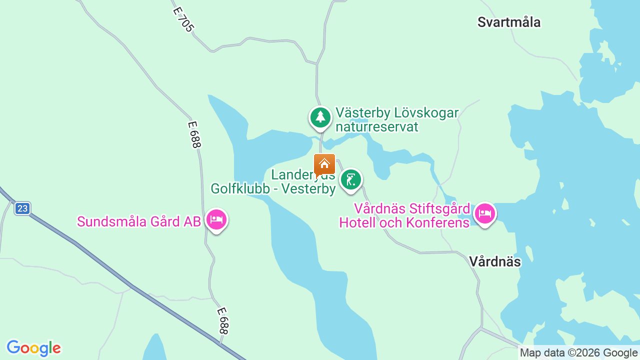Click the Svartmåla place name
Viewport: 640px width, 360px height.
coord(509,22)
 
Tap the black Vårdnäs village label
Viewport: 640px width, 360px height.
coord(494,261)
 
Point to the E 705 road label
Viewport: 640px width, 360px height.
coord(182,19)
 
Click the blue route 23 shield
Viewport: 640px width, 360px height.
coord(22,208)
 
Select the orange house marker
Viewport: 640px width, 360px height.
coord(324,164)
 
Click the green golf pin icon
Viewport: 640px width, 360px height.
coord(350,179)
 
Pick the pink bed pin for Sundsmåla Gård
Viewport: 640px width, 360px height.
coord(216,219)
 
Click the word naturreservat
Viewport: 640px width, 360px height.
coord(376,127)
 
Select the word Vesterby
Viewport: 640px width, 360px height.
coord(308,189)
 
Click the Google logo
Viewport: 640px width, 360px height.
coord(33,348)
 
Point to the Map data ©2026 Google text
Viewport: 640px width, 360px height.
coord(578,353)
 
